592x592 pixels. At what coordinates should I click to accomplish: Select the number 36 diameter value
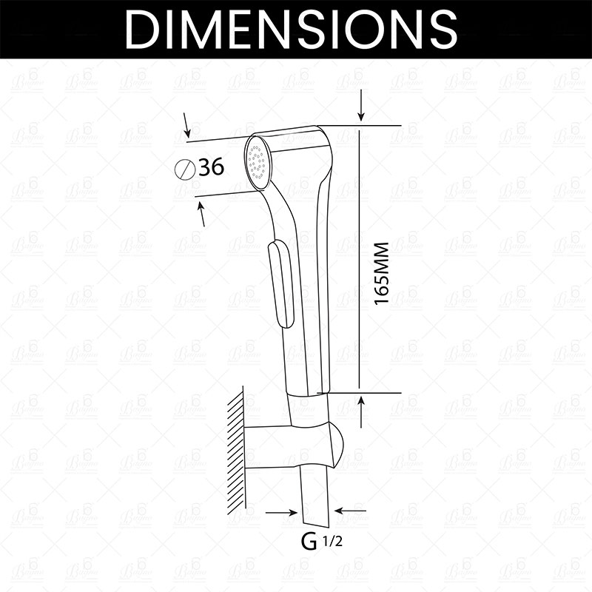point(212,168)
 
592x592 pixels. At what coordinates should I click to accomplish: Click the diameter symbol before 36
point(186,169)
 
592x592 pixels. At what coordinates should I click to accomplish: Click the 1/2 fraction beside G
point(332,541)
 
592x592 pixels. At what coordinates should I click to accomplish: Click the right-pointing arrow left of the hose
point(281,510)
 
